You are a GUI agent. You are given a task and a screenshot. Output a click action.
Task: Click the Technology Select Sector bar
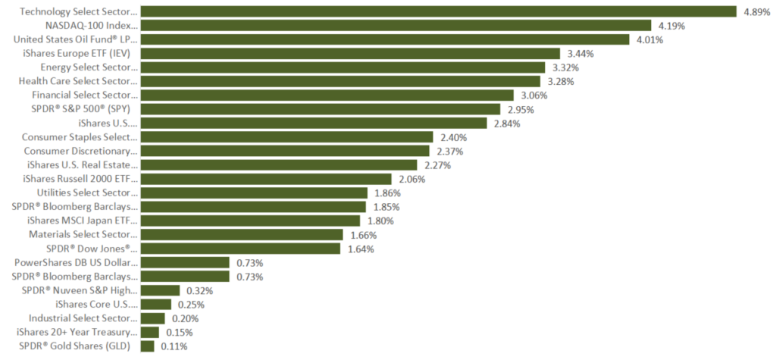coord(439,11)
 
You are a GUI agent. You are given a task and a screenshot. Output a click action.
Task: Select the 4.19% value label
coord(671,26)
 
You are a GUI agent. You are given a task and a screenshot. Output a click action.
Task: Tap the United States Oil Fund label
coord(76,39)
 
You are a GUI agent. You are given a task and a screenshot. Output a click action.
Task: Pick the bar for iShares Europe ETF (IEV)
coord(350,53)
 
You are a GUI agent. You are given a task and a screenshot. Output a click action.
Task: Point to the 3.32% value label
coord(564,67)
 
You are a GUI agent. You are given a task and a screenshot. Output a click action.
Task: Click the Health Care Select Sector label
coord(78,81)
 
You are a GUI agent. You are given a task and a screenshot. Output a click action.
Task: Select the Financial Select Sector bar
coord(329,95)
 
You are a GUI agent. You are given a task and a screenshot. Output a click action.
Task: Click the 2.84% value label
coord(505,124)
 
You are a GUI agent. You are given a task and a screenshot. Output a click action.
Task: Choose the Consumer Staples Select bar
coord(286,137)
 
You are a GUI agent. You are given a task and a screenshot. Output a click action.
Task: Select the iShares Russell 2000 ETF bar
coord(266,179)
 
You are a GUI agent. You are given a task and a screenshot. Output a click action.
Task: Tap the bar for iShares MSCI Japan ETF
coord(250,221)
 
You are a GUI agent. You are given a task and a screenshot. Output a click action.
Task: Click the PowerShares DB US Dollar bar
coord(185,262)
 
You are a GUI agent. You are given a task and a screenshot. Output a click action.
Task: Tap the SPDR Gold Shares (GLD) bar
coord(147,346)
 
